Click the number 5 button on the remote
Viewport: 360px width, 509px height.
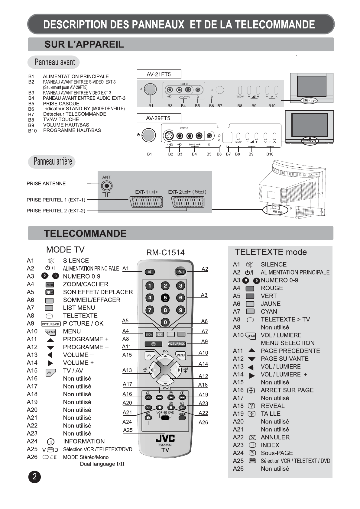[165, 298]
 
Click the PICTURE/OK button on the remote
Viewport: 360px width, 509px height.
[177, 344]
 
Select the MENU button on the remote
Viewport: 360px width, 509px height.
[181, 356]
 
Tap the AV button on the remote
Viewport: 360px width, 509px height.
[149, 356]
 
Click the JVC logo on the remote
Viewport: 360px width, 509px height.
[165, 438]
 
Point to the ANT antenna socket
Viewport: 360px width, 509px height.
[107, 186]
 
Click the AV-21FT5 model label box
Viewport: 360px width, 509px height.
[159, 74]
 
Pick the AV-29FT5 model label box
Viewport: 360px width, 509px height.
[159, 118]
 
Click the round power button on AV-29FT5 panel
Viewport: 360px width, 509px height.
[148, 135]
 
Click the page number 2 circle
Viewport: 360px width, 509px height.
[34, 477]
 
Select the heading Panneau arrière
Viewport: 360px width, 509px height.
[53, 161]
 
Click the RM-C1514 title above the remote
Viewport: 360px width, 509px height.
[165, 253]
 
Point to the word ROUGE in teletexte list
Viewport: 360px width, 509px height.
[272, 288]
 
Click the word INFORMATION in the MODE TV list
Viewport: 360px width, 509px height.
[84, 441]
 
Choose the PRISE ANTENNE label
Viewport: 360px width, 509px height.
[46, 184]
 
